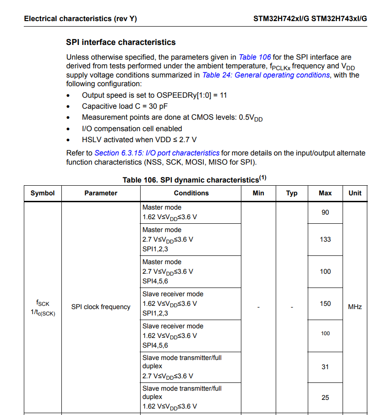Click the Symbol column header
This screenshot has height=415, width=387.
[43, 193]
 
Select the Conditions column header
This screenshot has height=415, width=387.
[191, 193]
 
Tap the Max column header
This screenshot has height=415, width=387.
[325, 193]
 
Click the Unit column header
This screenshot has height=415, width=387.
[355, 193]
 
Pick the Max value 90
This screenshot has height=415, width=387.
[325, 212]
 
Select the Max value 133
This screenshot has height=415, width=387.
[325, 239]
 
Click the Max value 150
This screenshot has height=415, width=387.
[325, 304]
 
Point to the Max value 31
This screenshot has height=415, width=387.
[325, 367]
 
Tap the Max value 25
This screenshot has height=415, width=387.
[325, 398]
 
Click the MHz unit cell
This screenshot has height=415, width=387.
[355, 307]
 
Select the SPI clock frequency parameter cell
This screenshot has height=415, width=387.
[101, 307]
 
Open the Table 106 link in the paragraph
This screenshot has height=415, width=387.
[255, 57]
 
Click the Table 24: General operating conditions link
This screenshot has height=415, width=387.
[266, 75]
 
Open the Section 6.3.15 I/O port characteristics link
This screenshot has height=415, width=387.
[157, 153]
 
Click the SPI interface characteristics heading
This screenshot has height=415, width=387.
[121, 42]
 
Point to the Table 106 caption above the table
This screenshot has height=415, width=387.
[194, 179]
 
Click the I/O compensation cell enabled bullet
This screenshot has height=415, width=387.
[132, 129]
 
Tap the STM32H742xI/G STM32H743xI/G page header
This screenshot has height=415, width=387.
[310, 19]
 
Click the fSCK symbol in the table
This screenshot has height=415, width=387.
[43, 303]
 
